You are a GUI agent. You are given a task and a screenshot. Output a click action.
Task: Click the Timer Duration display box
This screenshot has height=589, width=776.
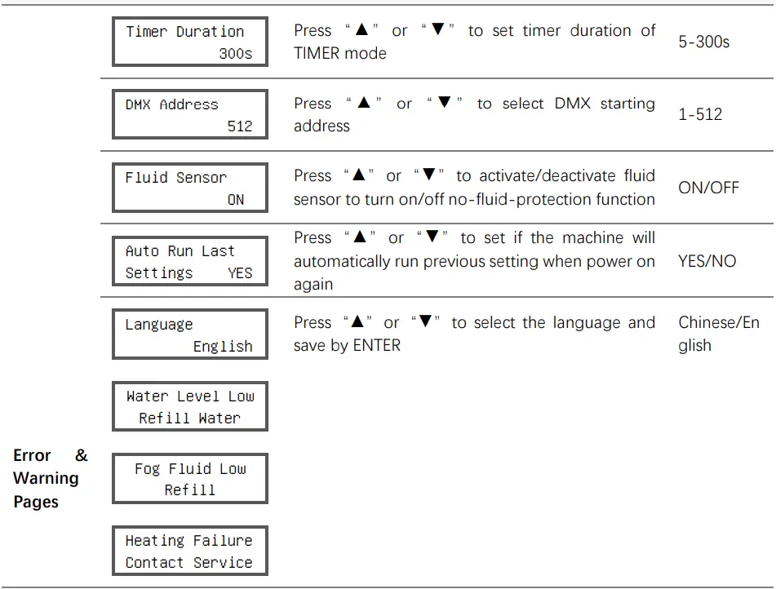click(190, 42)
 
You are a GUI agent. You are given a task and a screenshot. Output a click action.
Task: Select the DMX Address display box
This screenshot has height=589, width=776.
click(190, 114)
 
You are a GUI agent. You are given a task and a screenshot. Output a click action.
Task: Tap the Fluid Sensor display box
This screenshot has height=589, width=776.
click(190, 188)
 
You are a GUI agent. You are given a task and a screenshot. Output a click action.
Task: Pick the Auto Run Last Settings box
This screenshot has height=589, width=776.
click(190, 261)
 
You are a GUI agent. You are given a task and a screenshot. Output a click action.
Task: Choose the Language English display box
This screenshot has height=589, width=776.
click(190, 334)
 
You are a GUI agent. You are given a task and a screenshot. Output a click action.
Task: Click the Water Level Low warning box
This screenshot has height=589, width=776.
click(190, 406)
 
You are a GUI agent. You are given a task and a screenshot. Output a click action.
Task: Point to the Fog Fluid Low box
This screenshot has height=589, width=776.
click(190, 479)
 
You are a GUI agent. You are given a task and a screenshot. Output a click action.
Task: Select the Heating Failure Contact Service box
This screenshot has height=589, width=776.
click(190, 551)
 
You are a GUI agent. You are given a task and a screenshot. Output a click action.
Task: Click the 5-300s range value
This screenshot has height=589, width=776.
click(703, 42)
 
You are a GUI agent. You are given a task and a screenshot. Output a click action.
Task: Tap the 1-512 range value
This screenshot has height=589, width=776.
click(700, 114)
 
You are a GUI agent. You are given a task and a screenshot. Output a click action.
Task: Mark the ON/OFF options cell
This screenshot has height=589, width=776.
click(709, 188)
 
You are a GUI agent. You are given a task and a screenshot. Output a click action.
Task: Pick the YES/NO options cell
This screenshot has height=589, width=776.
click(707, 261)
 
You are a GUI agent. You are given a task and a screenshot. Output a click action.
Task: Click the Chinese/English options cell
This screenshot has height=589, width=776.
click(719, 334)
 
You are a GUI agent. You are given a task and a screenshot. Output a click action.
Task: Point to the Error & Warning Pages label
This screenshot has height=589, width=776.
click(51, 478)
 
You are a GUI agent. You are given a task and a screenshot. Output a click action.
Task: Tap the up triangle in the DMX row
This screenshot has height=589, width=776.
click(364, 102)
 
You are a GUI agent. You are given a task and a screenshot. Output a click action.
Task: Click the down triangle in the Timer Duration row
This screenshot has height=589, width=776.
click(438, 29)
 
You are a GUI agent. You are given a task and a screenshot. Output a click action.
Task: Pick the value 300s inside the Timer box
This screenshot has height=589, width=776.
click(236, 53)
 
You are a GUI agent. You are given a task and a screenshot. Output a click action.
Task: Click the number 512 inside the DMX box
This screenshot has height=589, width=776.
click(240, 126)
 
